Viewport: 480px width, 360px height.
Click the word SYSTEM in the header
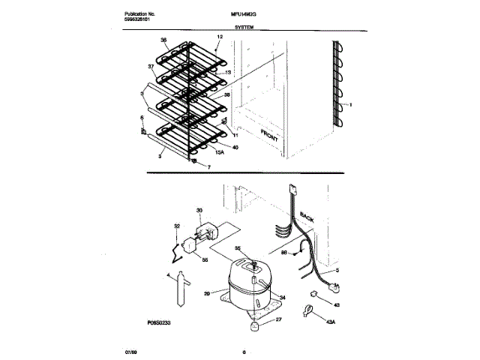[x=244, y=26]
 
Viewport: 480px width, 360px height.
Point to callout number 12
[x=220, y=37]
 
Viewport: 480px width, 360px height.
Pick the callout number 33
[x=199, y=211]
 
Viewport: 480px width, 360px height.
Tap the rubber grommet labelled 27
[x=254, y=324]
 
